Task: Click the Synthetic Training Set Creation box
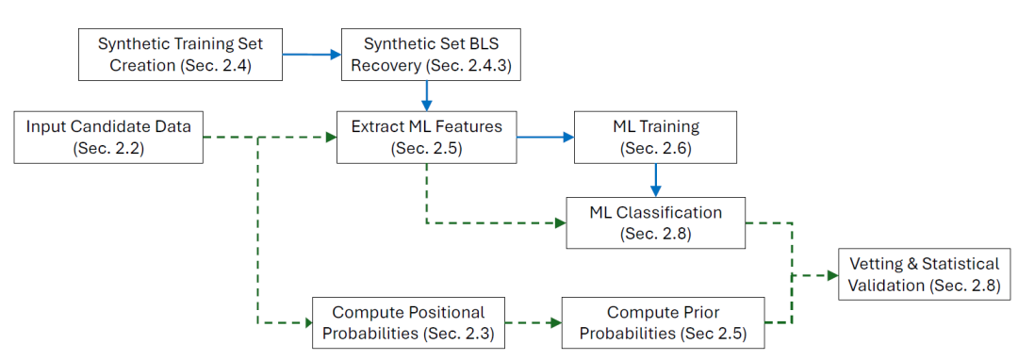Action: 180,55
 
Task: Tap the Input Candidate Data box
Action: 108,137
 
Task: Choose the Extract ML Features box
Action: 427,137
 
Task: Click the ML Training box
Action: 656,137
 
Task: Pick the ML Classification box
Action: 654,222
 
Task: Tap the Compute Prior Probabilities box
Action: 663,322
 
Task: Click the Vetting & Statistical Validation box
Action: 926,274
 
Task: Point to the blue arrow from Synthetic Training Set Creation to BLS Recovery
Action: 312,55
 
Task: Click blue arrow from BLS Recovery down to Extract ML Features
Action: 426,95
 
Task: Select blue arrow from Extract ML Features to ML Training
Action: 546,137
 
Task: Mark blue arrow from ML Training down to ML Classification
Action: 656,180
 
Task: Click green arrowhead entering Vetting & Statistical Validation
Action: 833,275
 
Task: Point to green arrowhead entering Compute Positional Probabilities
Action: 307,322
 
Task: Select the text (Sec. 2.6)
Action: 656,148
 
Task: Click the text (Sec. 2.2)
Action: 108,148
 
